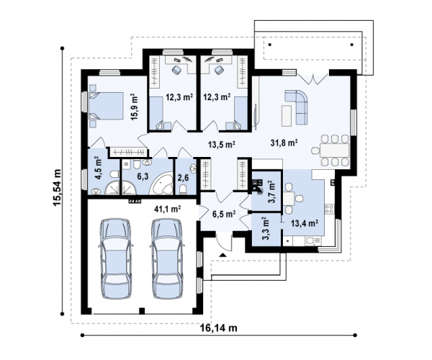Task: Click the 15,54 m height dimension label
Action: click(58, 187)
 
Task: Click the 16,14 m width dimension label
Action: click(218, 328)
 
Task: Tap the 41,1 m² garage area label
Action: click(167, 210)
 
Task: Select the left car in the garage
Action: click(116, 258)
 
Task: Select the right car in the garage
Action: click(167, 258)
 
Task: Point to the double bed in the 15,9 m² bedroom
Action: click(106, 106)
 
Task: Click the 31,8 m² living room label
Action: click(284, 143)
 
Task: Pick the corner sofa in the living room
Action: click(298, 106)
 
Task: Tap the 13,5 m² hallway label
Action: click(221, 144)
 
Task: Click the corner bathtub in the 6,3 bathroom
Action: click(161, 184)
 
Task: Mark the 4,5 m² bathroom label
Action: click(98, 168)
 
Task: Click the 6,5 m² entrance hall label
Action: click(224, 213)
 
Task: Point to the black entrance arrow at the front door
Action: click(222, 254)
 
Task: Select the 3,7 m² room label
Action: click(272, 192)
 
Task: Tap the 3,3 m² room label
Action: click(265, 228)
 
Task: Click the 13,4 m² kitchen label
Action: click(305, 222)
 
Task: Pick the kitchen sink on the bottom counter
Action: click(313, 241)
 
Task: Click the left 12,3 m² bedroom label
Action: click(179, 97)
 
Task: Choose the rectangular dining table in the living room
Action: click(334, 150)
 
